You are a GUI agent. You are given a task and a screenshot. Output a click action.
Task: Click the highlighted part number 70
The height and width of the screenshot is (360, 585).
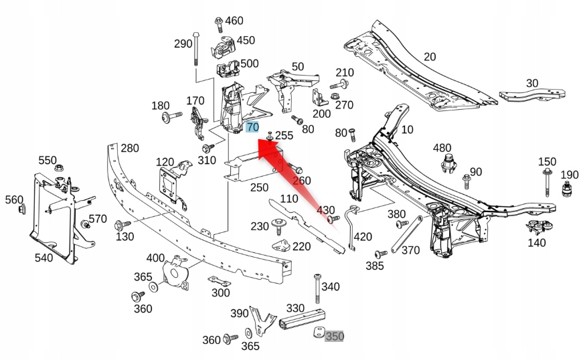[252, 127]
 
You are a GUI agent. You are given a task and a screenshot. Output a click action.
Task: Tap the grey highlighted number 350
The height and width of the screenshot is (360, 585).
[334, 337]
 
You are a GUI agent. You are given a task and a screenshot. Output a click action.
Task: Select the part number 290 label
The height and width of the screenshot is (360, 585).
[183, 44]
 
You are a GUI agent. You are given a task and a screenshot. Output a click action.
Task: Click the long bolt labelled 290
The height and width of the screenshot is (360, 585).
[195, 46]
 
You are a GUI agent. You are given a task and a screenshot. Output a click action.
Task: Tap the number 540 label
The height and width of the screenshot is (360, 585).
[44, 257]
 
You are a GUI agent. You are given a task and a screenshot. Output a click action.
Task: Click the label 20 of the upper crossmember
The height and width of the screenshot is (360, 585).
[430, 57]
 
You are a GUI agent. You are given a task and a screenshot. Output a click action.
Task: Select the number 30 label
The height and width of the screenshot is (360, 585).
[532, 83]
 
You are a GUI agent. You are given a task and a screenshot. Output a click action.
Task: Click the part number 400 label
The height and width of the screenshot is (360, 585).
[155, 258]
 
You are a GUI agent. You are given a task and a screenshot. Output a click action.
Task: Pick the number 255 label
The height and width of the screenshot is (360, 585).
[284, 135]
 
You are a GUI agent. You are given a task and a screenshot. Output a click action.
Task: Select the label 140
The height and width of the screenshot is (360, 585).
[537, 243]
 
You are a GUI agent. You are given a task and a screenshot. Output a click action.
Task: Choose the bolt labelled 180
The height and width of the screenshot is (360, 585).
[169, 118]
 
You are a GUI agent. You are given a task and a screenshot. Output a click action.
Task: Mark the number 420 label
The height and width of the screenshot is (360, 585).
[363, 236]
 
